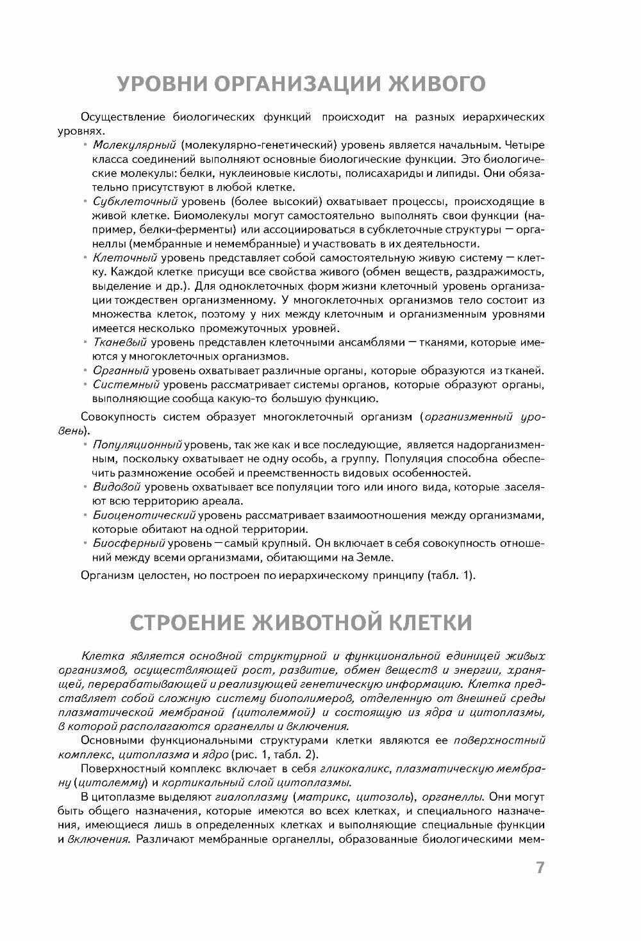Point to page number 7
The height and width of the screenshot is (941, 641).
[540, 868]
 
